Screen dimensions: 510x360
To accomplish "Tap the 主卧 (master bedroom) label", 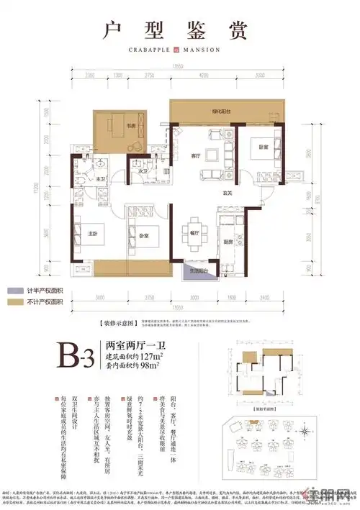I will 92,234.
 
